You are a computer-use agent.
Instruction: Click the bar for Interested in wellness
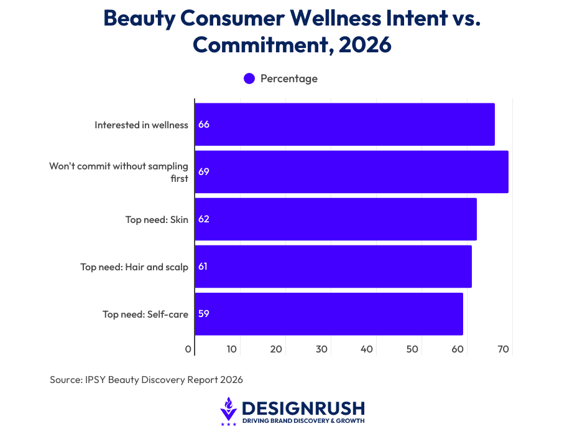[x=344, y=125]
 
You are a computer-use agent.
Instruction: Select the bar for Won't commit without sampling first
[x=351, y=171]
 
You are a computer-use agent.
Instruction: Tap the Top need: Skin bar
[x=336, y=219]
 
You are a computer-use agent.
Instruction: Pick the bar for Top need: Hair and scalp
[x=333, y=267]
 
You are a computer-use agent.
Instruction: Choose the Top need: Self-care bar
[x=329, y=314]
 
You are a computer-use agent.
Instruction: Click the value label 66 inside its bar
[x=204, y=125]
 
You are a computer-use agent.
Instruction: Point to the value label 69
[x=204, y=171]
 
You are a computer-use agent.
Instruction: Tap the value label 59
[x=204, y=314]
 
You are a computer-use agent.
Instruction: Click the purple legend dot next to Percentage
[x=249, y=78]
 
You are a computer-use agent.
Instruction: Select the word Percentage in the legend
[x=289, y=78]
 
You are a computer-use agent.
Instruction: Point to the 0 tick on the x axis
[x=188, y=349]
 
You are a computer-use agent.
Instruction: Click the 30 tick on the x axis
[x=322, y=349]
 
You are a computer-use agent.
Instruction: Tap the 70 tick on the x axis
[x=504, y=349]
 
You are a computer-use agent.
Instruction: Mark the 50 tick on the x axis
[x=413, y=349]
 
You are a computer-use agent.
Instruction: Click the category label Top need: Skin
[x=157, y=219]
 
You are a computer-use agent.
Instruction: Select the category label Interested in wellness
[x=141, y=125]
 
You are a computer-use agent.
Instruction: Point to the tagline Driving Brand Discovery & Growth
[x=303, y=421]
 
